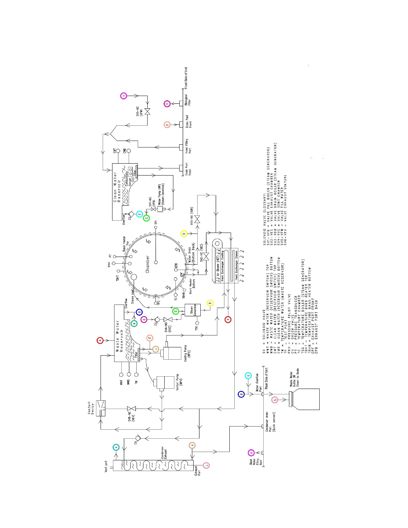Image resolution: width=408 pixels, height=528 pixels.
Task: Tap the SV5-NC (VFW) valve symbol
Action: (147, 111)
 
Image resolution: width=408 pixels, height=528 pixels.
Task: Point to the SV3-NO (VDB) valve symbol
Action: (197, 219)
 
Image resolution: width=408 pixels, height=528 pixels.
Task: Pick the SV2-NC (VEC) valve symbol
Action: (206, 257)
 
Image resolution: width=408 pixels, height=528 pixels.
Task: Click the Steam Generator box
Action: (193, 310)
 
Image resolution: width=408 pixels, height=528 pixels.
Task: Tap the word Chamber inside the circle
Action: (148, 264)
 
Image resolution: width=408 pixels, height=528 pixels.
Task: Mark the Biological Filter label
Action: (188, 100)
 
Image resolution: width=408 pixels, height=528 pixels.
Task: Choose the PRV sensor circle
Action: (114, 263)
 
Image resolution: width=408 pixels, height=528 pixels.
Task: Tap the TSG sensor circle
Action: (197, 323)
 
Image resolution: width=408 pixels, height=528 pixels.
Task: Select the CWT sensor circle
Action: (118, 151)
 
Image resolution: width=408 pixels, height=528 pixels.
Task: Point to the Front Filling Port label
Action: (188, 146)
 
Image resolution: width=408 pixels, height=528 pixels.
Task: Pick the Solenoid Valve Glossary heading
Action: (265, 219)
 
